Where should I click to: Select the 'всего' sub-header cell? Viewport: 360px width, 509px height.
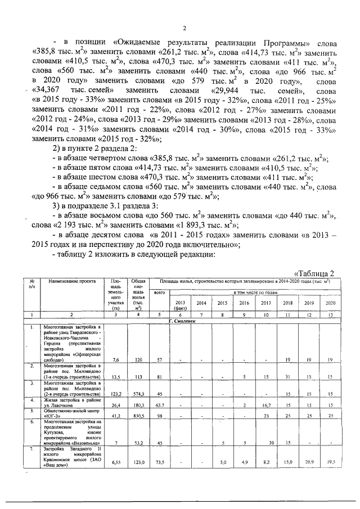[160, 292]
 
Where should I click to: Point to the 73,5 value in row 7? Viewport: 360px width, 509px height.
[160, 462]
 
